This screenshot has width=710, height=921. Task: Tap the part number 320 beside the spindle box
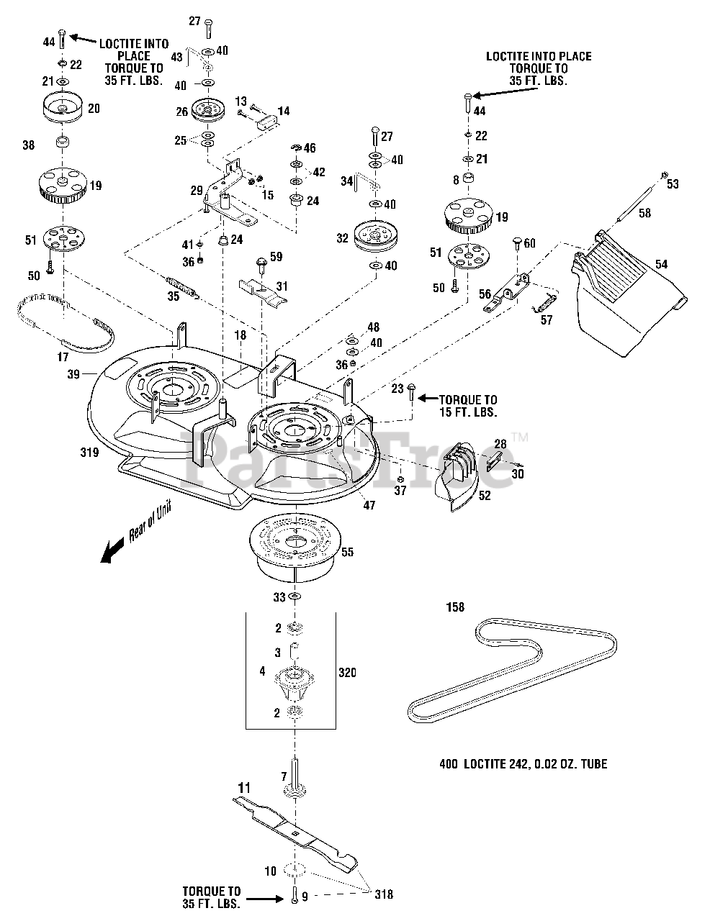(347, 672)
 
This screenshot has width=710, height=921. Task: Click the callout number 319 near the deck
(90, 453)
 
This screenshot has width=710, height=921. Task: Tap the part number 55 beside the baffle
(347, 552)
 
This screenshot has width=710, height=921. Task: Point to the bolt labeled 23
(410, 393)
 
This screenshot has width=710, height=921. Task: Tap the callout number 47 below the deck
(369, 506)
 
